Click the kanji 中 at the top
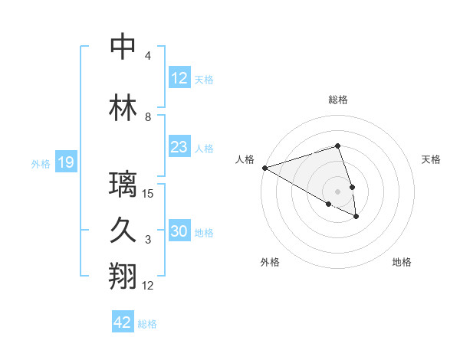[x=123, y=47]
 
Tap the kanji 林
[x=123, y=108]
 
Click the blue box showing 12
[x=179, y=78]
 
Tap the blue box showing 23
[x=179, y=147]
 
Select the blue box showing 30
[x=179, y=231]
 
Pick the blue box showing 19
[x=65, y=162]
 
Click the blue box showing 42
[x=123, y=322]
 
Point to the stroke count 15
[x=148, y=194]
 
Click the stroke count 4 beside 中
[x=148, y=56]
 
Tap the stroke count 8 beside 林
[x=148, y=117]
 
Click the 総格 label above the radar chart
[x=338, y=100]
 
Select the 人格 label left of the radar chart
[x=245, y=159]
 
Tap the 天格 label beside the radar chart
[x=432, y=159]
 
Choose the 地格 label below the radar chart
[x=402, y=262]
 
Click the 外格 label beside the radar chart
[x=270, y=262]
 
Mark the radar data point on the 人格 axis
[x=264, y=168]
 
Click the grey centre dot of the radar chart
[x=338, y=191]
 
